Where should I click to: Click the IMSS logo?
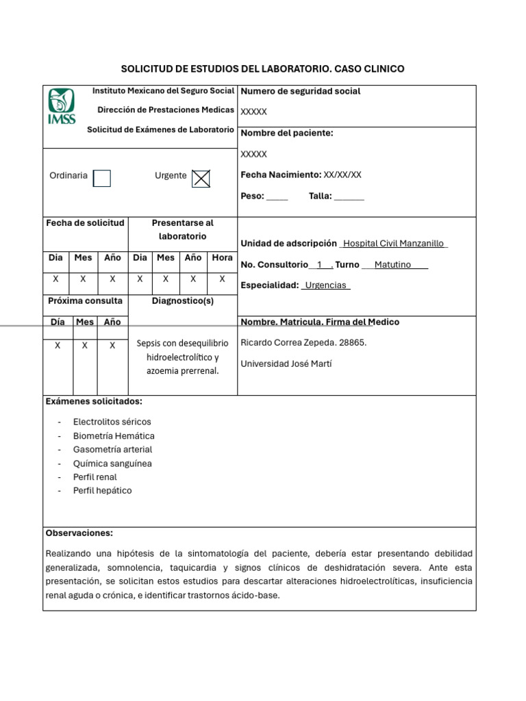(62, 107)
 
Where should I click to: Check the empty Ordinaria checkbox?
(101, 178)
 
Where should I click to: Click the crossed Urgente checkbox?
(201, 178)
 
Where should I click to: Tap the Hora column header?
(222, 258)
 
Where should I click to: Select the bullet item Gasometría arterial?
(112, 450)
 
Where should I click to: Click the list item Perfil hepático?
(102, 491)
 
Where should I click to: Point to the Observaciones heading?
(79, 533)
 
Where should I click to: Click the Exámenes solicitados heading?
(94, 401)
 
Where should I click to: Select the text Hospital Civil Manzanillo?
(393, 244)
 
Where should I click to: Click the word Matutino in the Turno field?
(392, 265)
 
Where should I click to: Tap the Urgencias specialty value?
(325, 285)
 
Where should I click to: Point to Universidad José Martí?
(286, 364)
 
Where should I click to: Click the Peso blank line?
(277, 197)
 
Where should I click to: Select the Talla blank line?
(349, 197)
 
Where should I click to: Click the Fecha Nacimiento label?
(281, 175)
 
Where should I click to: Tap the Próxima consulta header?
(85, 301)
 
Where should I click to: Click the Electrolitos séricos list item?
(112, 422)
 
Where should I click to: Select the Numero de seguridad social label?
(300, 92)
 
